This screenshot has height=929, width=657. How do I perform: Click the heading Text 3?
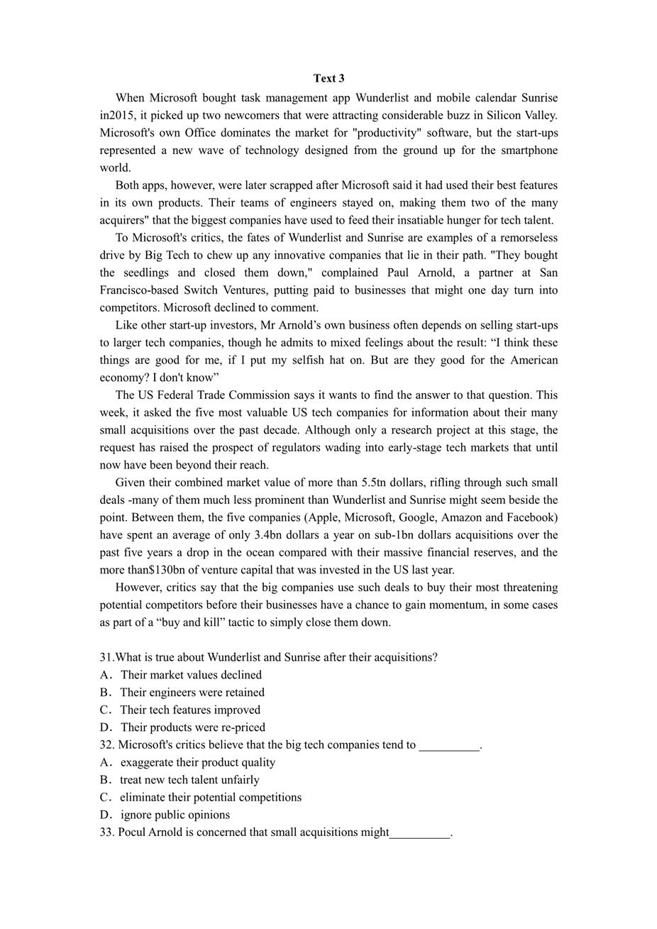point(328,78)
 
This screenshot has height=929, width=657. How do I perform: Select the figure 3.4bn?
point(272,535)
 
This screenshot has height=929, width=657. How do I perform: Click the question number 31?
point(106,657)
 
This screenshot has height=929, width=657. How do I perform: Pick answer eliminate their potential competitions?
point(210,797)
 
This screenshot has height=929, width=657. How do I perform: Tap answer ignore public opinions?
point(175,815)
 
